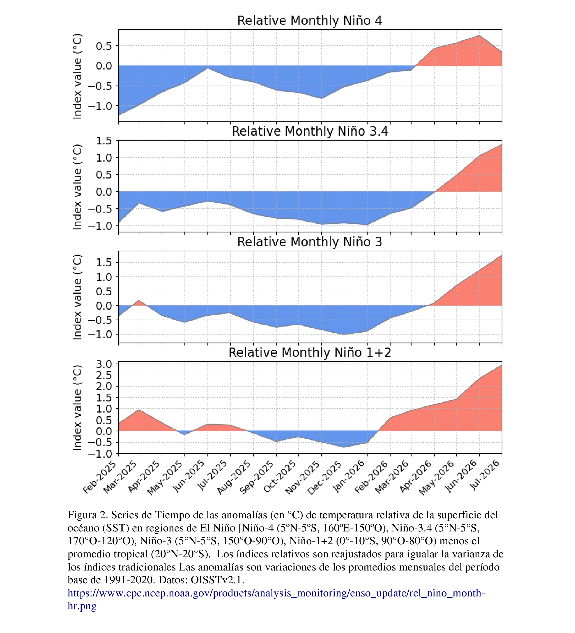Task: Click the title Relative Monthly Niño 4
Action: tap(309, 21)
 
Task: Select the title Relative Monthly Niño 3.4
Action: tap(310, 132)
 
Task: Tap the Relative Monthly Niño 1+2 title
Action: tap(310, 353)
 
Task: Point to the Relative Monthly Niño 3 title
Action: tap(310, 242)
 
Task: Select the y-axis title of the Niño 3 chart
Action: tap(77, 297)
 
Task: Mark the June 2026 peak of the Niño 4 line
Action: tap(479, 35)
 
